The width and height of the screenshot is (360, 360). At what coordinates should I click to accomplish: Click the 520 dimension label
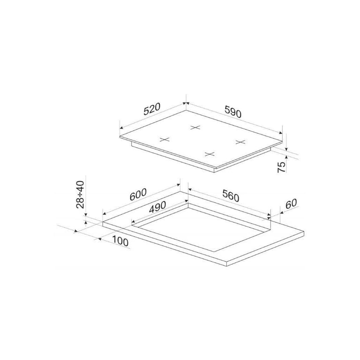point(151,109)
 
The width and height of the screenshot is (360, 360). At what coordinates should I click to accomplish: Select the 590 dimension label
point(233,112)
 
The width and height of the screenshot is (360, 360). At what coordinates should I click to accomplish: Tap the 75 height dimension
point(281,167)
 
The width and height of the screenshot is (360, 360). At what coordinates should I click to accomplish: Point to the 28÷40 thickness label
point(80,195)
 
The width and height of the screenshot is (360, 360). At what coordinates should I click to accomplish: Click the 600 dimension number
point(138,195)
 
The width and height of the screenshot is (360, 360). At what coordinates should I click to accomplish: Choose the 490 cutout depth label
point(157,207)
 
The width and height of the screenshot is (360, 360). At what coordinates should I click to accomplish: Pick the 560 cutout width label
point(231,196)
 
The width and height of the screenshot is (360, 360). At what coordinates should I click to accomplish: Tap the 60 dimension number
point(291,204)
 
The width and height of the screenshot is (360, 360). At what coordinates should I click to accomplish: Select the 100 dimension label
point(120,241)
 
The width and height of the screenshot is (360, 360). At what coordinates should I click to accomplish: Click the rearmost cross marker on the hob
point(195,127)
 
